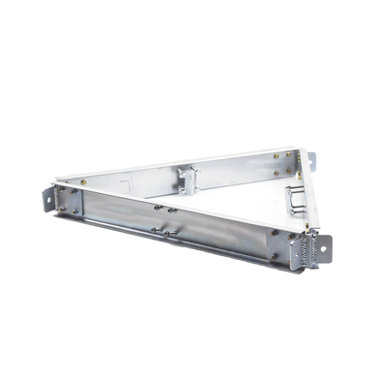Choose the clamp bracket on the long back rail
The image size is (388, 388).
187,178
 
